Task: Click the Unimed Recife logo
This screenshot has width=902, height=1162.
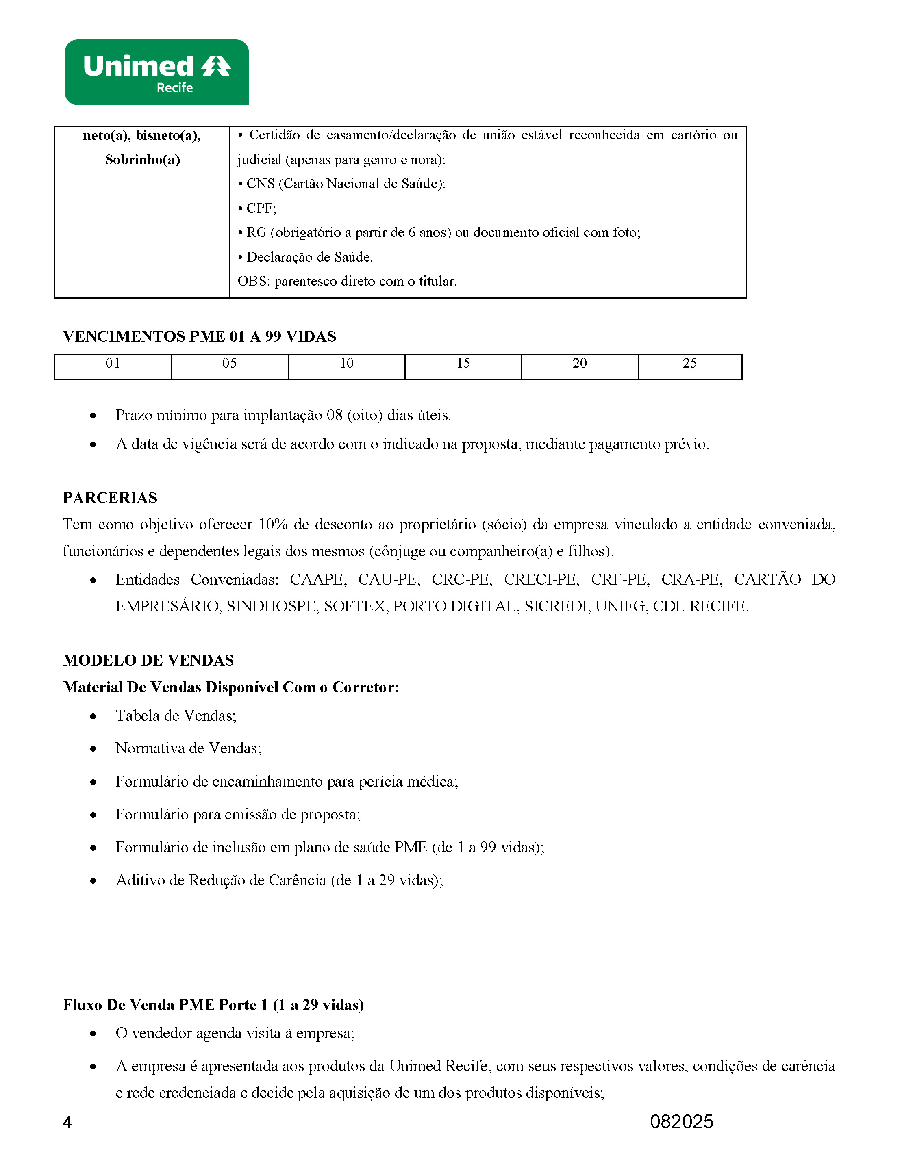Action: click(x=156, y=72)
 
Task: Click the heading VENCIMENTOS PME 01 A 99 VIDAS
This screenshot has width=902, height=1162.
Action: click(x=199, y=337)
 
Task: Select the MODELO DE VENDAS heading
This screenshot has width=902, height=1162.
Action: click(x=148, y=660)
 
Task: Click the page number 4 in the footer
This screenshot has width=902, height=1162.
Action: click(x=67, y=1123)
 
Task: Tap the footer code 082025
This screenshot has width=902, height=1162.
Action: click(x=681, y=1121)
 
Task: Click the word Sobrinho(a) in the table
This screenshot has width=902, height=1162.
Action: click(x=142, y=160)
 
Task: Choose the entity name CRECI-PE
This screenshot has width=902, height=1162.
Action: click(x=541, y=579)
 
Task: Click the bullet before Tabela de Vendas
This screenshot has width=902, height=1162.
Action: click(x=93, y=716)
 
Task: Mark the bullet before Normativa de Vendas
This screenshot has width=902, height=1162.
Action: click(x=93, y=749)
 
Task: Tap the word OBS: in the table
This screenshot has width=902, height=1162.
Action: click(x=253, y=282)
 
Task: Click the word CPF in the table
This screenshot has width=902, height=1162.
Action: click(x=260, y=208)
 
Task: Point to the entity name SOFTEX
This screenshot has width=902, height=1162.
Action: click(x=355, y=607)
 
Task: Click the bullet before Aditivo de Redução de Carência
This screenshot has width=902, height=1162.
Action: click(x=93, y=881)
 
